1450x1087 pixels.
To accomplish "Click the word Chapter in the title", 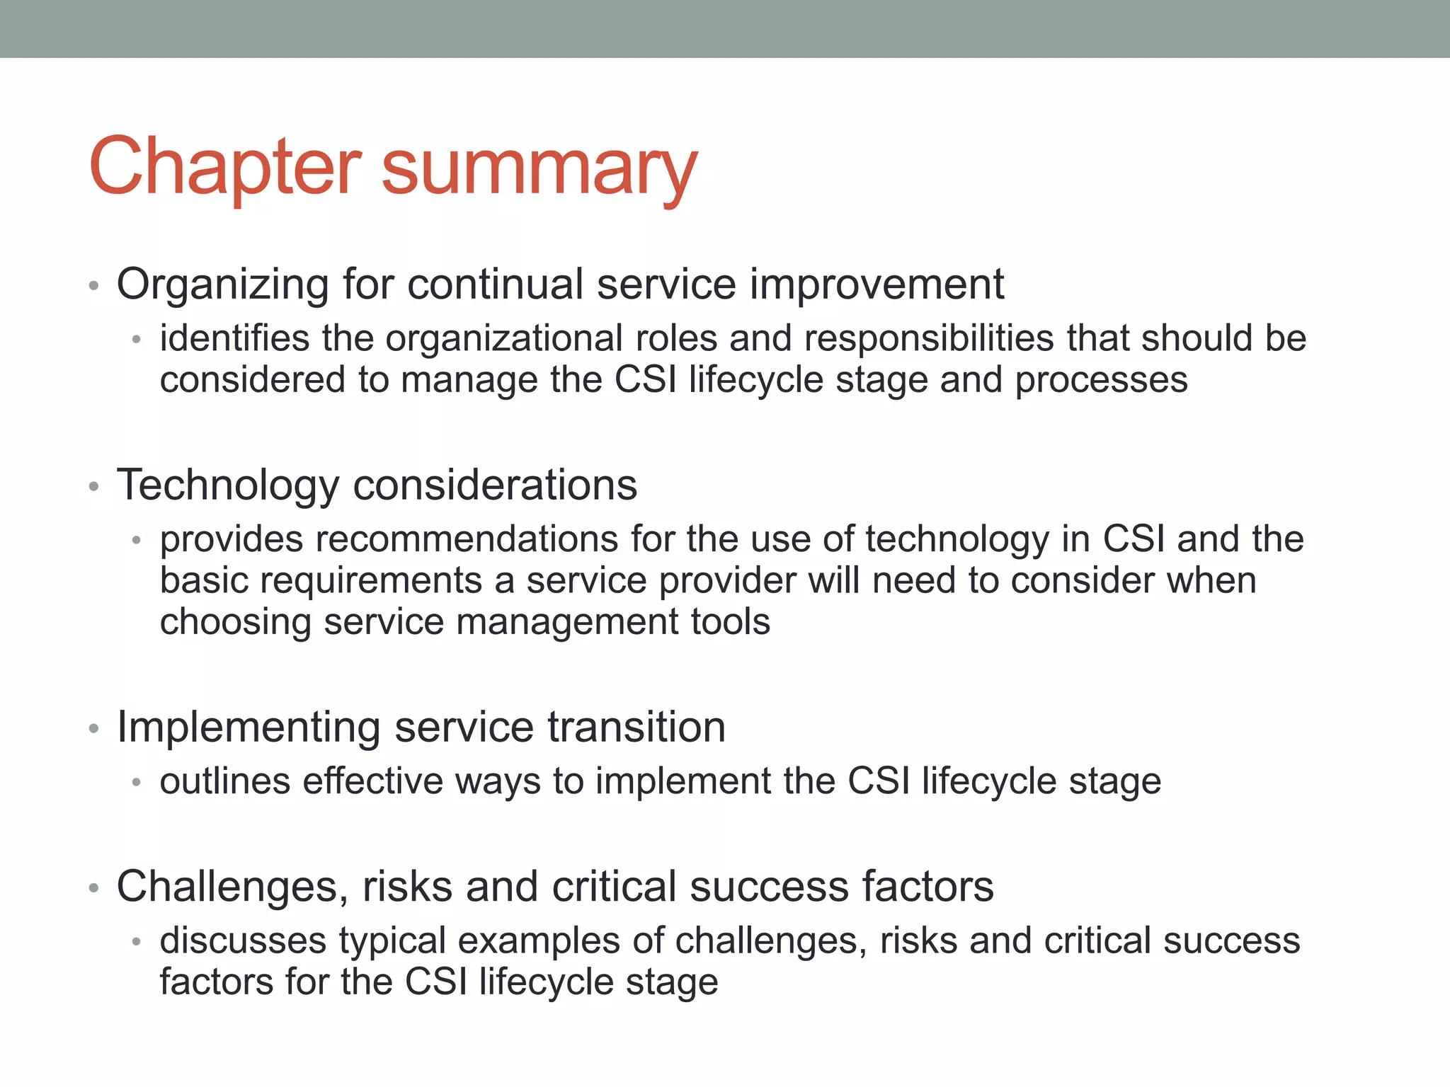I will (x=225, y=167).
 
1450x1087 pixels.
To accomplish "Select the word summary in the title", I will (x=540, y=170).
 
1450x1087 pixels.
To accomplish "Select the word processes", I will (x=1101, y=381).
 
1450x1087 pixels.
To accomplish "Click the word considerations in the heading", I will (x=495, y=485).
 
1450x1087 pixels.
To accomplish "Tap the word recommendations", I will (x=467, y=539).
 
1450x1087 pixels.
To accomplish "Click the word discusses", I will (x=243, y=941).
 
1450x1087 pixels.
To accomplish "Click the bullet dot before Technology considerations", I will (x=93, y=487).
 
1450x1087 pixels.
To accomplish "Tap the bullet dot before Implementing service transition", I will (x=93, y=729).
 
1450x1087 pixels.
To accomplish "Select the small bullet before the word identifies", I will (x=137, y=340).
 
